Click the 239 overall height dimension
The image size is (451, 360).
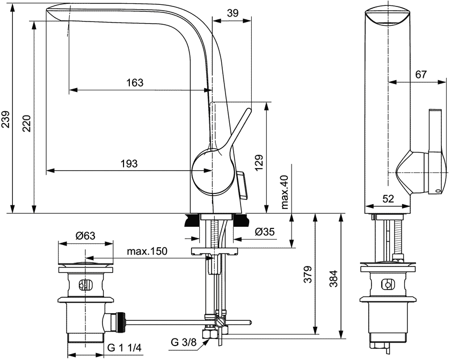click(6, 119)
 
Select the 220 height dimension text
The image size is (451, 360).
click(27, 124)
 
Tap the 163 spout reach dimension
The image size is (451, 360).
click(135, 83)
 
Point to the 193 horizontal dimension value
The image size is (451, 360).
click(129, 164)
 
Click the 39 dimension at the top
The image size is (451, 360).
click(232, 13)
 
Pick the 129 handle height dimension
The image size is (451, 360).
click(259, 163)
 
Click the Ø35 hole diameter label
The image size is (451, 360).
click(265, 232)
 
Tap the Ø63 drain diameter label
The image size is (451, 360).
click(85, 236)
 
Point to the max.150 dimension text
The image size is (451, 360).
click(147, 251)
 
